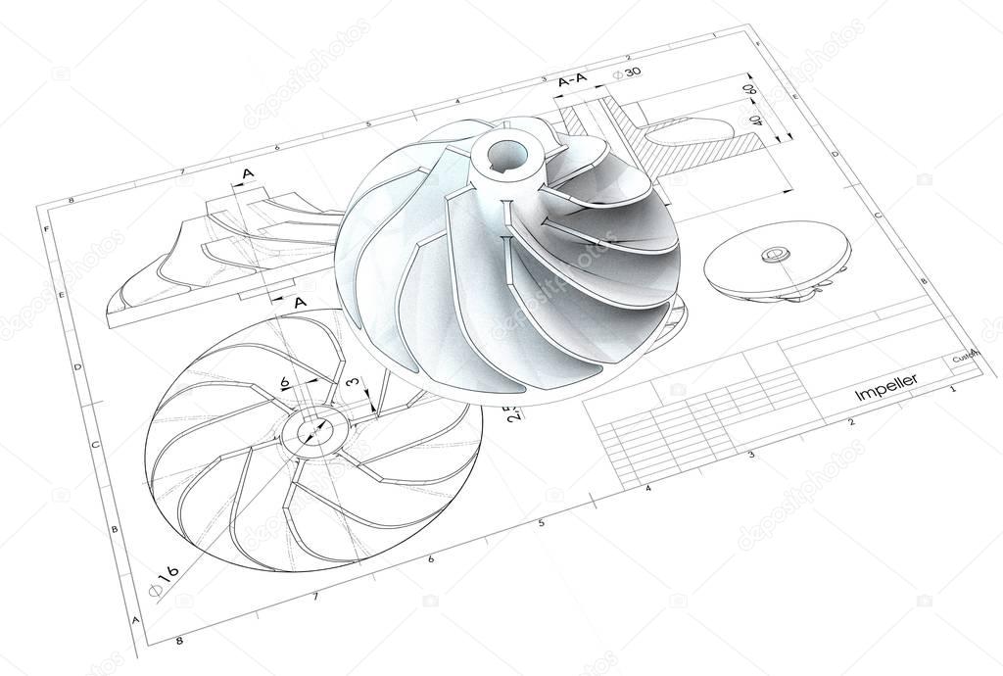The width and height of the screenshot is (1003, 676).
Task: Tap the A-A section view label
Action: (573, 83)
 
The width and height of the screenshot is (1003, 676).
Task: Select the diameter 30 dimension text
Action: (627, 73)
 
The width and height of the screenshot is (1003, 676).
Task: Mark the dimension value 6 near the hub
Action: (284, 382)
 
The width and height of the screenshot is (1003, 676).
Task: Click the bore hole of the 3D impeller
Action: (507, 154)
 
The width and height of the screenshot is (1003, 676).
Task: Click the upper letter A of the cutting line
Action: (248, 174)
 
